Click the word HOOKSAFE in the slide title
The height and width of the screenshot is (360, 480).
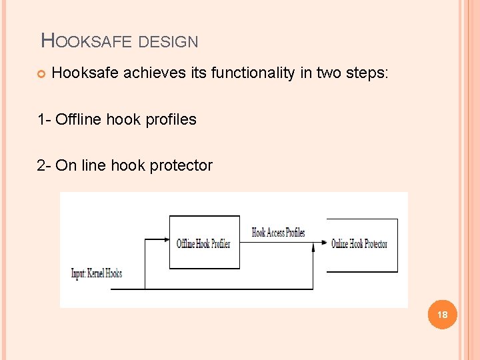(x=87, y=41)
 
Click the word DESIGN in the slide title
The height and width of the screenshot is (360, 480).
(x=169, y=42)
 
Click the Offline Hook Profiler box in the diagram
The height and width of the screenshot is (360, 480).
(x=204, y=243)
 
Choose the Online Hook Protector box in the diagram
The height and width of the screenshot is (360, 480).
(x=361, y=244)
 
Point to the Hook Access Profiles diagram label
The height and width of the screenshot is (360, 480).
(x=278, y=233)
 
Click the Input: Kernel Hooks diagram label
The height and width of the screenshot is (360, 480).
(x=97, y=273)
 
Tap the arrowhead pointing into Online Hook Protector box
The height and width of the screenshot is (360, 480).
(x=323, y=243)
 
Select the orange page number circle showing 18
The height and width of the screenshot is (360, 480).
(x=441, y=314)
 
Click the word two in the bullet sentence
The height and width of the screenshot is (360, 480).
(x=327, y=73)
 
